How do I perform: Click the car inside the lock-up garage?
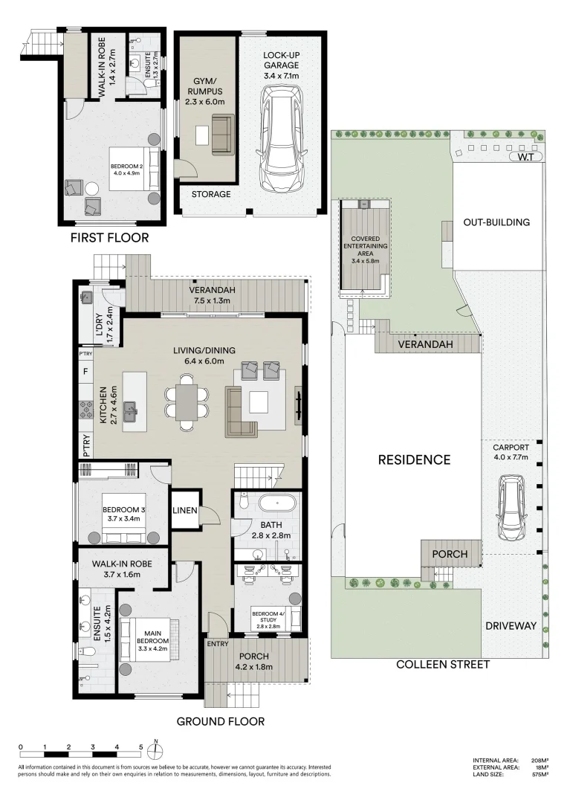(282, 140)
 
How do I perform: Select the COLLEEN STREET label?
(443, 664)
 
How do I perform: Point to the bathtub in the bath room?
(277, 504)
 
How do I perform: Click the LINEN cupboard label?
(184, 510)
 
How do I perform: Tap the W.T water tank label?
(525, 156)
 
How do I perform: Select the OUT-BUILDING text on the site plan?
(496, 222)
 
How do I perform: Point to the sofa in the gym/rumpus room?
(222, 135)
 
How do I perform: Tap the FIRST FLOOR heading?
(109, 238)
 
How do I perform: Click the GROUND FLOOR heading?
(220, 720)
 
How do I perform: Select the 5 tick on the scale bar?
(140, 747)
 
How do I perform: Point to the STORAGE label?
(211, 194)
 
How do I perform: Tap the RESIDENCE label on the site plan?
(414, 459)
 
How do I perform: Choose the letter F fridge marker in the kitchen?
(86, 370)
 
